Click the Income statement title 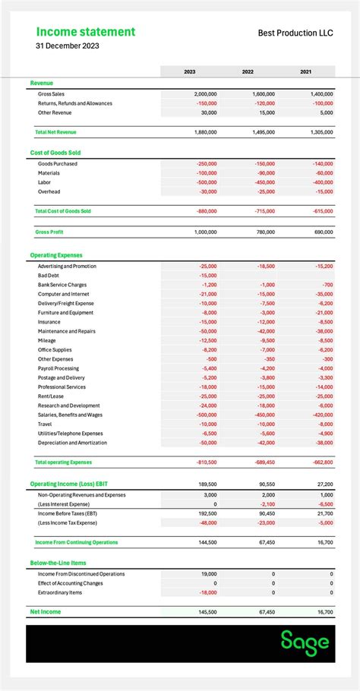(x=86, y=32)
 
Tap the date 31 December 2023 (x=67, y=46)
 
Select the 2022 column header (x=248, y=72)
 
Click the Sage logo (x=305, y=642)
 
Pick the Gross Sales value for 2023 (x=205, y=93)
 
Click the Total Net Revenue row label (x=55, y=132)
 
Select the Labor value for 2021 (x=322, y=182)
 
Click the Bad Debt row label (x=49, y=276)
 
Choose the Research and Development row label (x=68, y=405)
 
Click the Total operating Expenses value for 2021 (x=321, y=462)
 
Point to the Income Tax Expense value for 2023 (x=207, y=522)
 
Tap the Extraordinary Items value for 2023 (x=207, y=592)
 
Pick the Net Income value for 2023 (x=205, y=611)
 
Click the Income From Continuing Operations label (x=77, y=542)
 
